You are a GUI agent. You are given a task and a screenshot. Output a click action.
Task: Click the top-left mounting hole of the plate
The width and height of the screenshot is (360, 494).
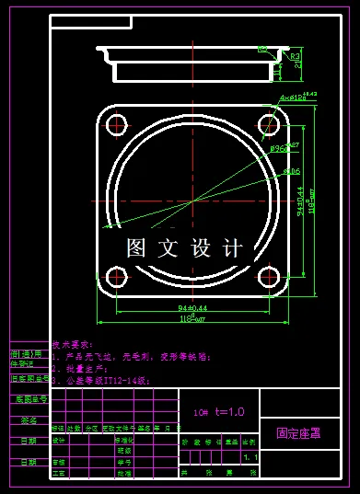click(116, 126)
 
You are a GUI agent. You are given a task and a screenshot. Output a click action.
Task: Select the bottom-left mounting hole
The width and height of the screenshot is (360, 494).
click(116, 277)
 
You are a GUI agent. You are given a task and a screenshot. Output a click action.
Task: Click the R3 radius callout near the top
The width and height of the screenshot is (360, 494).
click(296, 57)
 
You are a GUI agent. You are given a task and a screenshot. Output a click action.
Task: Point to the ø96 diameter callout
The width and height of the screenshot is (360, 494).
click(279, 147)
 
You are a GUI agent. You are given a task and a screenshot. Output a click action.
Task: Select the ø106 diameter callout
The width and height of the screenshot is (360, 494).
click(291, 171)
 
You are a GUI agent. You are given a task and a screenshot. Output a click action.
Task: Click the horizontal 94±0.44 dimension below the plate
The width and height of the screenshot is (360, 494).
click(192, 306)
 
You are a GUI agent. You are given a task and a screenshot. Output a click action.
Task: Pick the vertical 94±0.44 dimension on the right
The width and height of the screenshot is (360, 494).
click(300, 200)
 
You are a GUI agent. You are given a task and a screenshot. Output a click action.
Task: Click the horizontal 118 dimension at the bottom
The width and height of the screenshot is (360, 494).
click(192, 317)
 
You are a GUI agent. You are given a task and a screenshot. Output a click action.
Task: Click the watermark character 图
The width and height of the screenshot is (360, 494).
click(137, 247)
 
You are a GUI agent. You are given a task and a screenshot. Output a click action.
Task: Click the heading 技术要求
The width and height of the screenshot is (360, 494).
click(73, 339)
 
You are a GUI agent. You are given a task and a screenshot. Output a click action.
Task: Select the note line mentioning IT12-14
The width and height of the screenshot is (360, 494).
click(100, 378)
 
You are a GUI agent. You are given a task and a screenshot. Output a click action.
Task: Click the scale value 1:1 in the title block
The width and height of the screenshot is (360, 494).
click(250, 456)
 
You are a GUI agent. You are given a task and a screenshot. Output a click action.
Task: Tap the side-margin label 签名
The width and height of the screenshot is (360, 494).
click(29, 420)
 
